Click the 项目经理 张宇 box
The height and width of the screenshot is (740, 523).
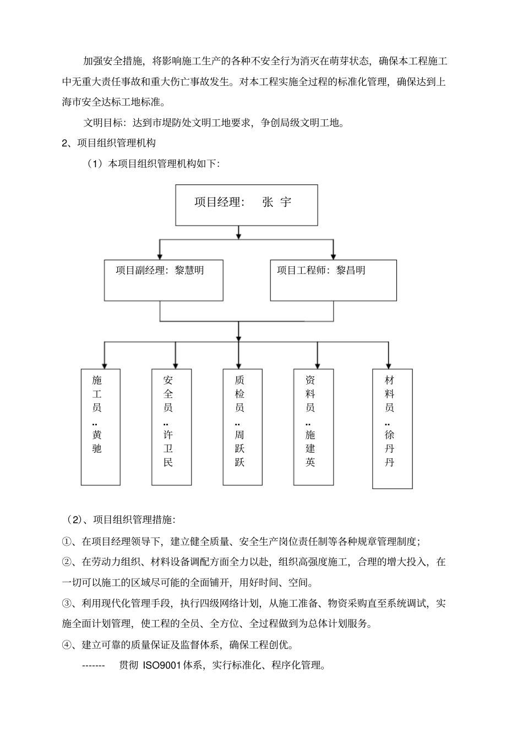(x=246, y=205)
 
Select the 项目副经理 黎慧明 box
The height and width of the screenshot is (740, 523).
(x=164, y=280)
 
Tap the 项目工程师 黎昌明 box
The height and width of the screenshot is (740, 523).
(x=333, y=280)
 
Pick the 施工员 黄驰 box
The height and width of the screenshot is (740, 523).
(x=100, y=427)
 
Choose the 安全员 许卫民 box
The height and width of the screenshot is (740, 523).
(x=171, y=427)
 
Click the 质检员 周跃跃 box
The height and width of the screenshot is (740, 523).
(x=242, y=427)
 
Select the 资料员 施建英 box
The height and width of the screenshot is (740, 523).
(x=313, y=427)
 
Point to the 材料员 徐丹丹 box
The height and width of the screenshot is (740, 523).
(x=392, y=429)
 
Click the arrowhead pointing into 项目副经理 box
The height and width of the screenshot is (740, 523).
(x=160, y=256)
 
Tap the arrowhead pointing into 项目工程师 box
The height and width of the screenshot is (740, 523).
(x=333, y=256)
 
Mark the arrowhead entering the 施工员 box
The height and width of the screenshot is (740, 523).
(x=105, y=365)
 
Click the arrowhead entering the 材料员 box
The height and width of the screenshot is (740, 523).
(x=389, y=365)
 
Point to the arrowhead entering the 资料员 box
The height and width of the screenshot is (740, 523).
(x=317, y=365)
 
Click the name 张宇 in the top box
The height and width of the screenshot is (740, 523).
(x=277, y=202)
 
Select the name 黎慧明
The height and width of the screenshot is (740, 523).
(x=189, y=270)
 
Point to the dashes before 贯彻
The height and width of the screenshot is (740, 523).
(x=93, y=666)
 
